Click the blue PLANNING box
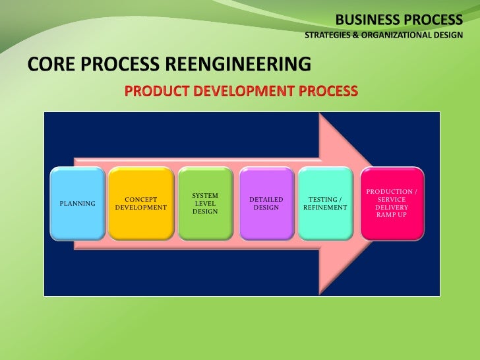pyautogui.click(x=78, y=203)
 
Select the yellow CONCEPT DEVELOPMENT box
pyautogui.click(x=141, y=203)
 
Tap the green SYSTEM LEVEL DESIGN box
pyautogui.click(x=205, y=203)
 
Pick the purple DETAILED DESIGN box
pyautogui.click(x=266, y=203)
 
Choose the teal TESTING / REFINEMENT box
pyautogui.click(x=326, y=203)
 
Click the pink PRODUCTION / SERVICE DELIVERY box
pyautogui.click(x=392, y=203)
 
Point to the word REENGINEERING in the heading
pyautogui.click(x=243, y=65)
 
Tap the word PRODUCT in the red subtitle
pyautogui.click(x=157, y=90)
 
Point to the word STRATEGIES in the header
pyautogui.click(x=327, y=34)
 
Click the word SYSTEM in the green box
pyautogui.click(x=205, y=196)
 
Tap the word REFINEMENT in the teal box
pyautogui.click(x=326, y=207)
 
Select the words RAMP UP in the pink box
pyautogui.click(x=392, y=215)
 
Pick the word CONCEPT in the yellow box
pyautogui.click(x=141, y=199)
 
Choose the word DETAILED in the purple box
pyautogui.click(x=266, y=199)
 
